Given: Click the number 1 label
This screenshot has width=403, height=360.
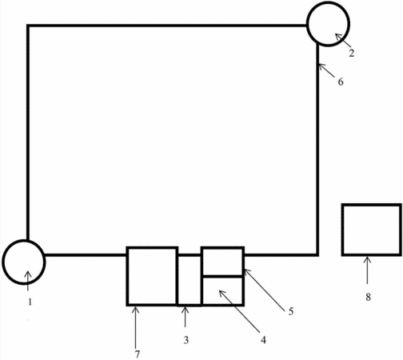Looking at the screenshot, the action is [x=30, y=302].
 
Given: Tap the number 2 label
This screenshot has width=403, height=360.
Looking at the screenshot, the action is [x=352, y=54].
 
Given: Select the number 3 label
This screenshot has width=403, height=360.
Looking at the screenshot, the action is [x=186, y=340].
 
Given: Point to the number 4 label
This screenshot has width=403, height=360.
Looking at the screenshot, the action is [x=263, y=340].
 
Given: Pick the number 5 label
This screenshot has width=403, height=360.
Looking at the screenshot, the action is [x=291, y=311].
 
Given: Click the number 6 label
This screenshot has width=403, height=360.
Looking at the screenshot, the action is [x=341, y=82].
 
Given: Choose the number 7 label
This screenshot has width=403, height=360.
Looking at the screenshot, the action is [x=137, y=354].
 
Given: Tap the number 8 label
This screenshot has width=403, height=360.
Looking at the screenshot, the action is [x=368, y=297].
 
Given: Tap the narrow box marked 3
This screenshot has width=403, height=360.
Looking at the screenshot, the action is [x=190, y=305].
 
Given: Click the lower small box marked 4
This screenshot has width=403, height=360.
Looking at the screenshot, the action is [x=222, y=304].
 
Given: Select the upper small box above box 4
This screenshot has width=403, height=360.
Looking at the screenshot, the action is [x=222, y=248].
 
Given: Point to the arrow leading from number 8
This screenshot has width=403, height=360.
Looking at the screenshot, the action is [x=368, y=270].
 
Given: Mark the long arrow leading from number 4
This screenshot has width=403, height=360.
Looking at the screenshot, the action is [x=239, y=311].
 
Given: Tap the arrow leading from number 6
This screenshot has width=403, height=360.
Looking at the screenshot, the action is [x=326, y=70].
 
